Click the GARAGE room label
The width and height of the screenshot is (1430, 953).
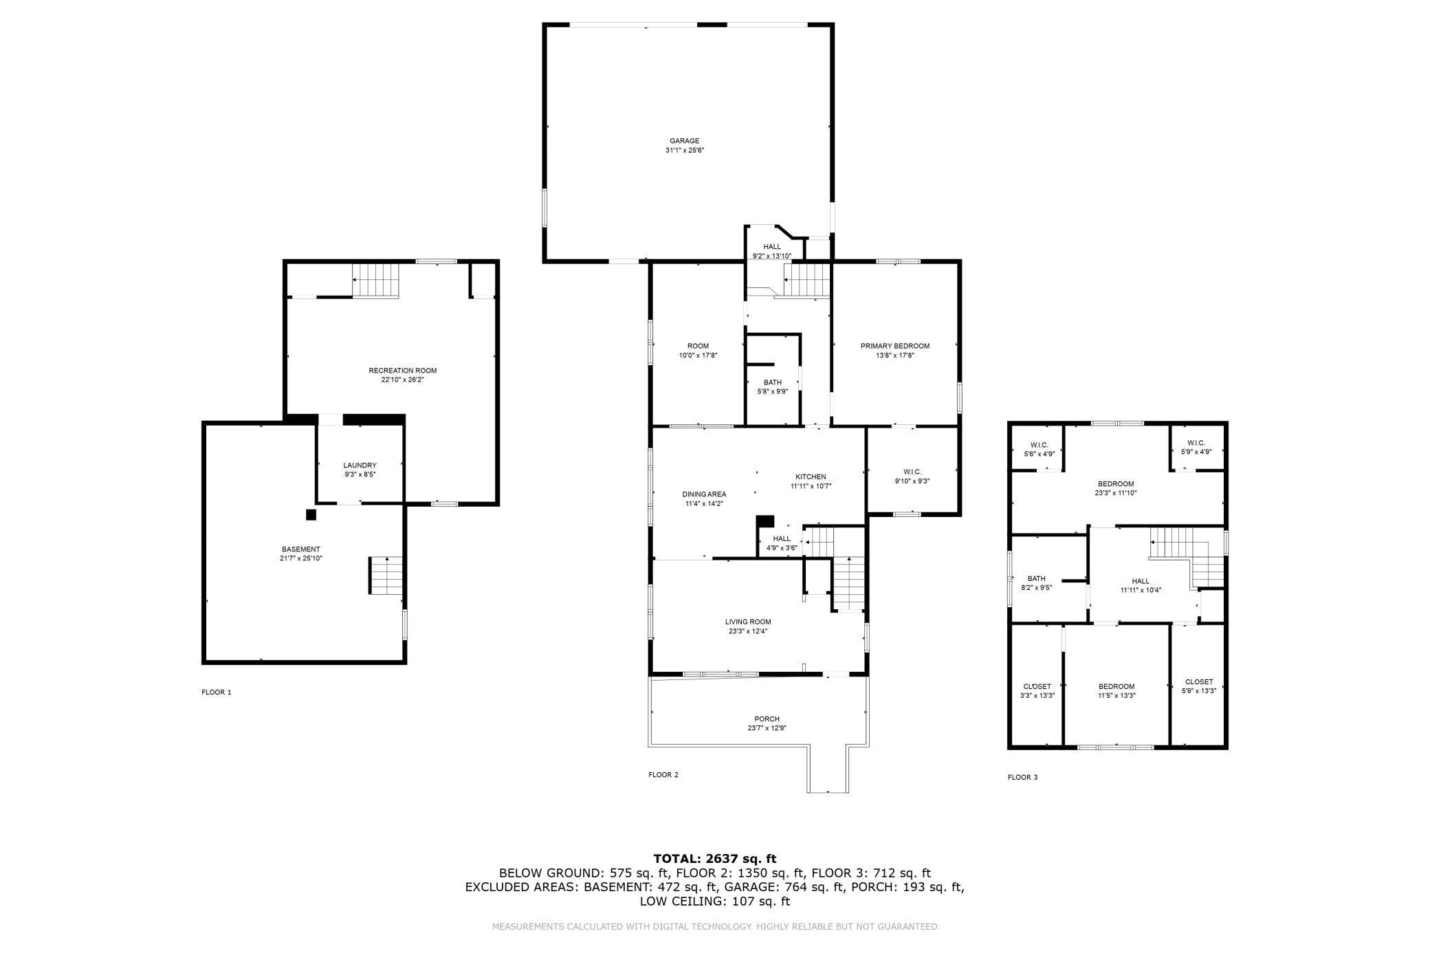[x=684, y=141]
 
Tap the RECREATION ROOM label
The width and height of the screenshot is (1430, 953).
[x=402, y=371]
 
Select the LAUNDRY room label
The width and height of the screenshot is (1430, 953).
[x=360, y=465]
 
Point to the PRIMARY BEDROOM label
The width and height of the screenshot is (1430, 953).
[x=894, y=346]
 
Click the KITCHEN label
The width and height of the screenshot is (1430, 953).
[x=811, y=477]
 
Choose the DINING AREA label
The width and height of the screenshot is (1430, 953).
[x=704, y=494]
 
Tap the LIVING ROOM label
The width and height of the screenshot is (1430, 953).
[x=747, y=622]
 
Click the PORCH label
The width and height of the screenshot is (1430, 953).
[x=767, y=719]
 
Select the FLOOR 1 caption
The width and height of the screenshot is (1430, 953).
[x=216, y=692]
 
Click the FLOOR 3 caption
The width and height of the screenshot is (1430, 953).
[x=1022, y=778]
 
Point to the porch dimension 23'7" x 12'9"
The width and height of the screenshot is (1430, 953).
[x=767, y=728]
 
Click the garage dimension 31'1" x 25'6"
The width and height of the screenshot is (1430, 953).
[x=684, y=150]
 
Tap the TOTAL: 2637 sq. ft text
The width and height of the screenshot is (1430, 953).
[x=714, y=858]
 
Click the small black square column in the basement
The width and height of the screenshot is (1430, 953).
[x=311, y=514]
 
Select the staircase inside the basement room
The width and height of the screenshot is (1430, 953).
[x=386, y=576]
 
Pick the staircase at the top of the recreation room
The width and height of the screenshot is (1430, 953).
[x=375, y=281]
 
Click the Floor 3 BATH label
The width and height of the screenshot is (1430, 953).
[x=1036, y=578]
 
